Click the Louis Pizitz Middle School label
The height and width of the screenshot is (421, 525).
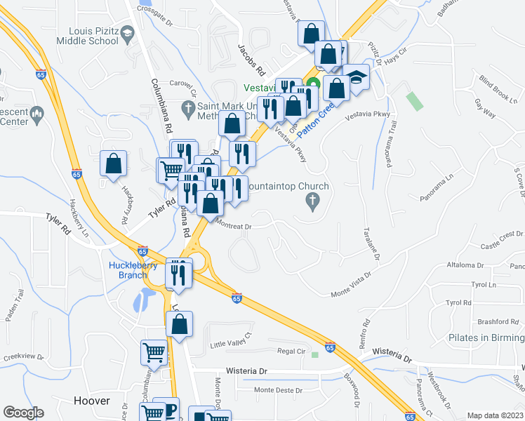(x=93, y=36)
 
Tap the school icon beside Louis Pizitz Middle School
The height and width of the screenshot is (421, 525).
(x=127, y=33)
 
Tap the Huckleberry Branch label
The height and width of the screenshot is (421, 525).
(x=132, y=270)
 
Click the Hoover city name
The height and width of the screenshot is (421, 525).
(x=92, y=401)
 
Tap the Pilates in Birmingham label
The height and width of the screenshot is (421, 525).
(x=486, y=338)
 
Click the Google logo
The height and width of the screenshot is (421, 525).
(x=23, y=412)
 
